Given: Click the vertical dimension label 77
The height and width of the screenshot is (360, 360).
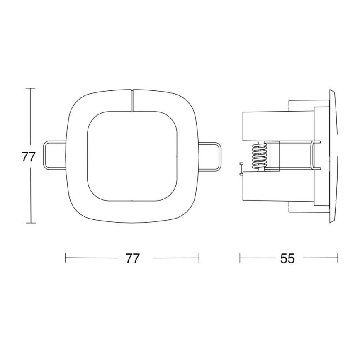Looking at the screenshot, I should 28,157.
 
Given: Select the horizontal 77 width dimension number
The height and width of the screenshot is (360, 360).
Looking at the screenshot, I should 132,258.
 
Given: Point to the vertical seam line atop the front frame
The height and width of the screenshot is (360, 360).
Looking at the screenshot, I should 132,100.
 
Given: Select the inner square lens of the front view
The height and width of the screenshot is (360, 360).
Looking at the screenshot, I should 132,156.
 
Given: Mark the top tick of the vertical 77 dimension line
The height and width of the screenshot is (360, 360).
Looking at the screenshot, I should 30,88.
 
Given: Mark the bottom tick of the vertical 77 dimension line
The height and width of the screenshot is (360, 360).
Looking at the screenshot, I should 30,223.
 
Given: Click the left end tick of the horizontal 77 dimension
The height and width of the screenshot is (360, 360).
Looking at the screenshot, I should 66,258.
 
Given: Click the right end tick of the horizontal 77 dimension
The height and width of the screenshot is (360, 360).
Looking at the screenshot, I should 199,258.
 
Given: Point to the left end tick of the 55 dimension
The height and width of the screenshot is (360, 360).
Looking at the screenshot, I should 240,258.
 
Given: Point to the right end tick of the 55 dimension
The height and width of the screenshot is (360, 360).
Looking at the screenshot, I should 338,258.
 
